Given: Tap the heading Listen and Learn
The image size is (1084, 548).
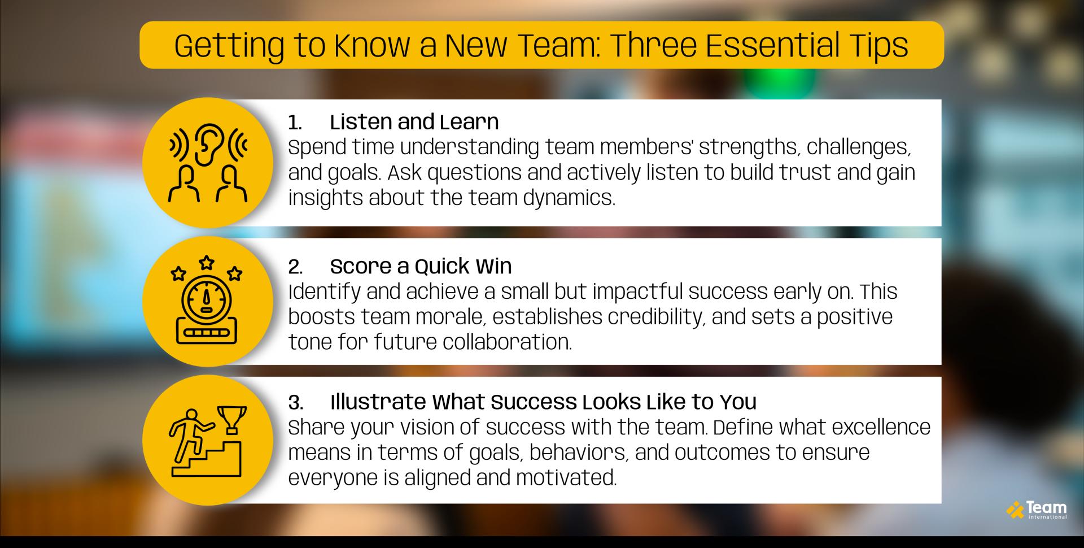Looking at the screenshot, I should pos(414,122).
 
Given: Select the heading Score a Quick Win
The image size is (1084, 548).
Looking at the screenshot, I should pos(421,266).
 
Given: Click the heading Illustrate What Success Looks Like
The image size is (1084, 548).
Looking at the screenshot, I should pos(543,402).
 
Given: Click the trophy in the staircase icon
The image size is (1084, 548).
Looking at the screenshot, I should pos(232,419).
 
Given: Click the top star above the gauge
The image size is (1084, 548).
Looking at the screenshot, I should pos(207,262).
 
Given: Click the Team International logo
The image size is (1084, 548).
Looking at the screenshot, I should pos(1037,510).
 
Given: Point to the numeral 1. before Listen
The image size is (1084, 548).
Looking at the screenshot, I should pos(295,123).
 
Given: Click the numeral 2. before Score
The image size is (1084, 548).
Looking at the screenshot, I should pos(295,267).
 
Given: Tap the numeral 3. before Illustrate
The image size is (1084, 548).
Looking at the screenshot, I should pos(295,402).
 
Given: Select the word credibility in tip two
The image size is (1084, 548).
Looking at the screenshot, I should pos(657,317).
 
